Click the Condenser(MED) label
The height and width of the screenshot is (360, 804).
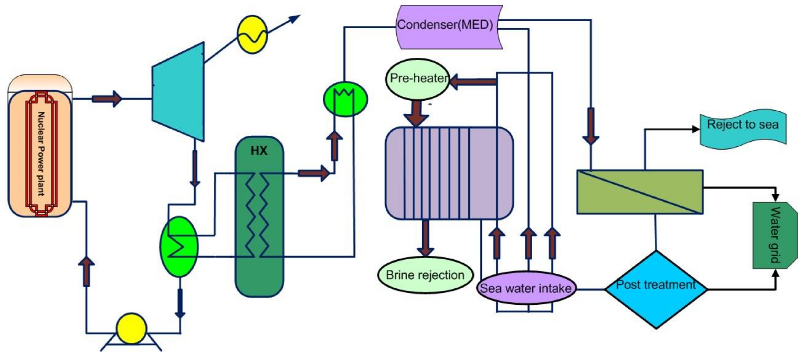coord(445,25)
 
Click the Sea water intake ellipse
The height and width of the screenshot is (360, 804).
coord(526,288)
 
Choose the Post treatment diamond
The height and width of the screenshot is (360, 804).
coord(656,290)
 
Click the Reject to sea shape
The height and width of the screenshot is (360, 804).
coord(743,129)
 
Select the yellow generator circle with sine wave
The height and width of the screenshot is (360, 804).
coord(252,34)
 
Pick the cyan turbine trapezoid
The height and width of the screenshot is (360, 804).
coord(178,92)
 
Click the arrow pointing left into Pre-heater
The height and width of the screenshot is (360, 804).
coord(473,82)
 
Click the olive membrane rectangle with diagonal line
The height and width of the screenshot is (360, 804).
coord(640,192)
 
